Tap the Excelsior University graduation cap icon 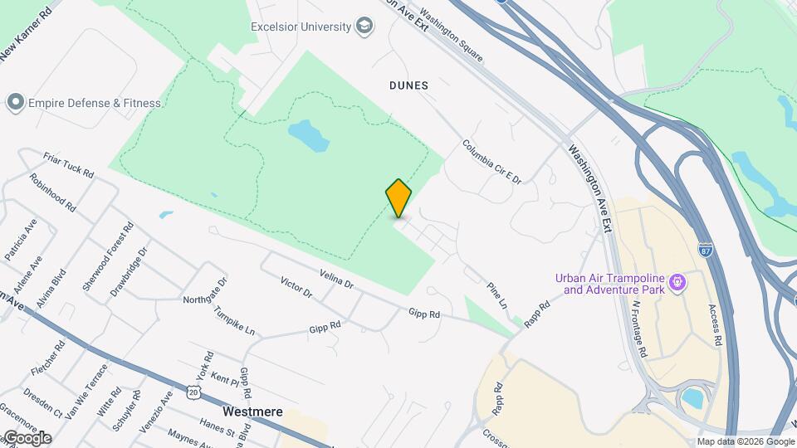[x=364, y=27]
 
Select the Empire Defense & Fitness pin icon [x=14, y=103]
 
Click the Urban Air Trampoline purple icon [x=678, y=283]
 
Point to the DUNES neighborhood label [x=408, y=85]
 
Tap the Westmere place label [x=253, y=411]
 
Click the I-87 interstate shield [x=705, y=250]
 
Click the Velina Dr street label [x=336, y=279]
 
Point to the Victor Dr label [x=296, y=287]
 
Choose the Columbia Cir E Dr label [x=491, y=161]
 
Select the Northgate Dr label [x=205, y=286]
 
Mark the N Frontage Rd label [x=639, y=329]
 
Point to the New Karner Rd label [x=26, y=33]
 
